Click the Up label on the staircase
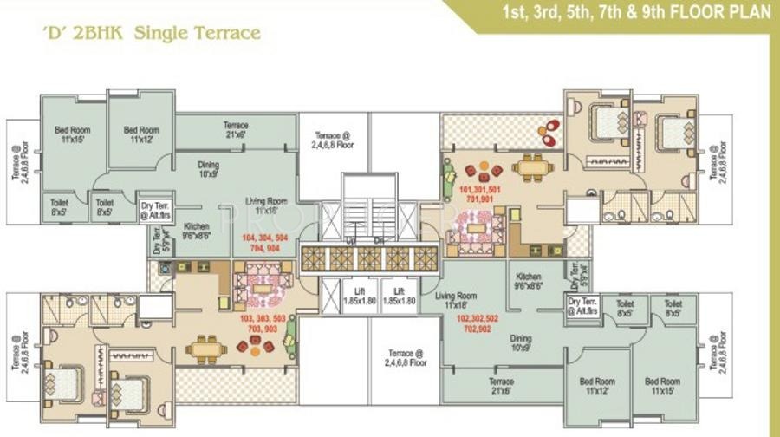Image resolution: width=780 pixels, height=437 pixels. [x=351, y=240]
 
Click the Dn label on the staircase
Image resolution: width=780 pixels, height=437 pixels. [x=380, y=240]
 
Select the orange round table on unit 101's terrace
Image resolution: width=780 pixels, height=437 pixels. [x=548, y=133]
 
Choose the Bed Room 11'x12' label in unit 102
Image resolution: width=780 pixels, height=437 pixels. [x=597, y=386]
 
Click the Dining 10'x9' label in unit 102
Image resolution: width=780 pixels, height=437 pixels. [x=521, y=343]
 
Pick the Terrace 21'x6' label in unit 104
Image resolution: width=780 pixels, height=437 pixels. [x=236, y=130]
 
